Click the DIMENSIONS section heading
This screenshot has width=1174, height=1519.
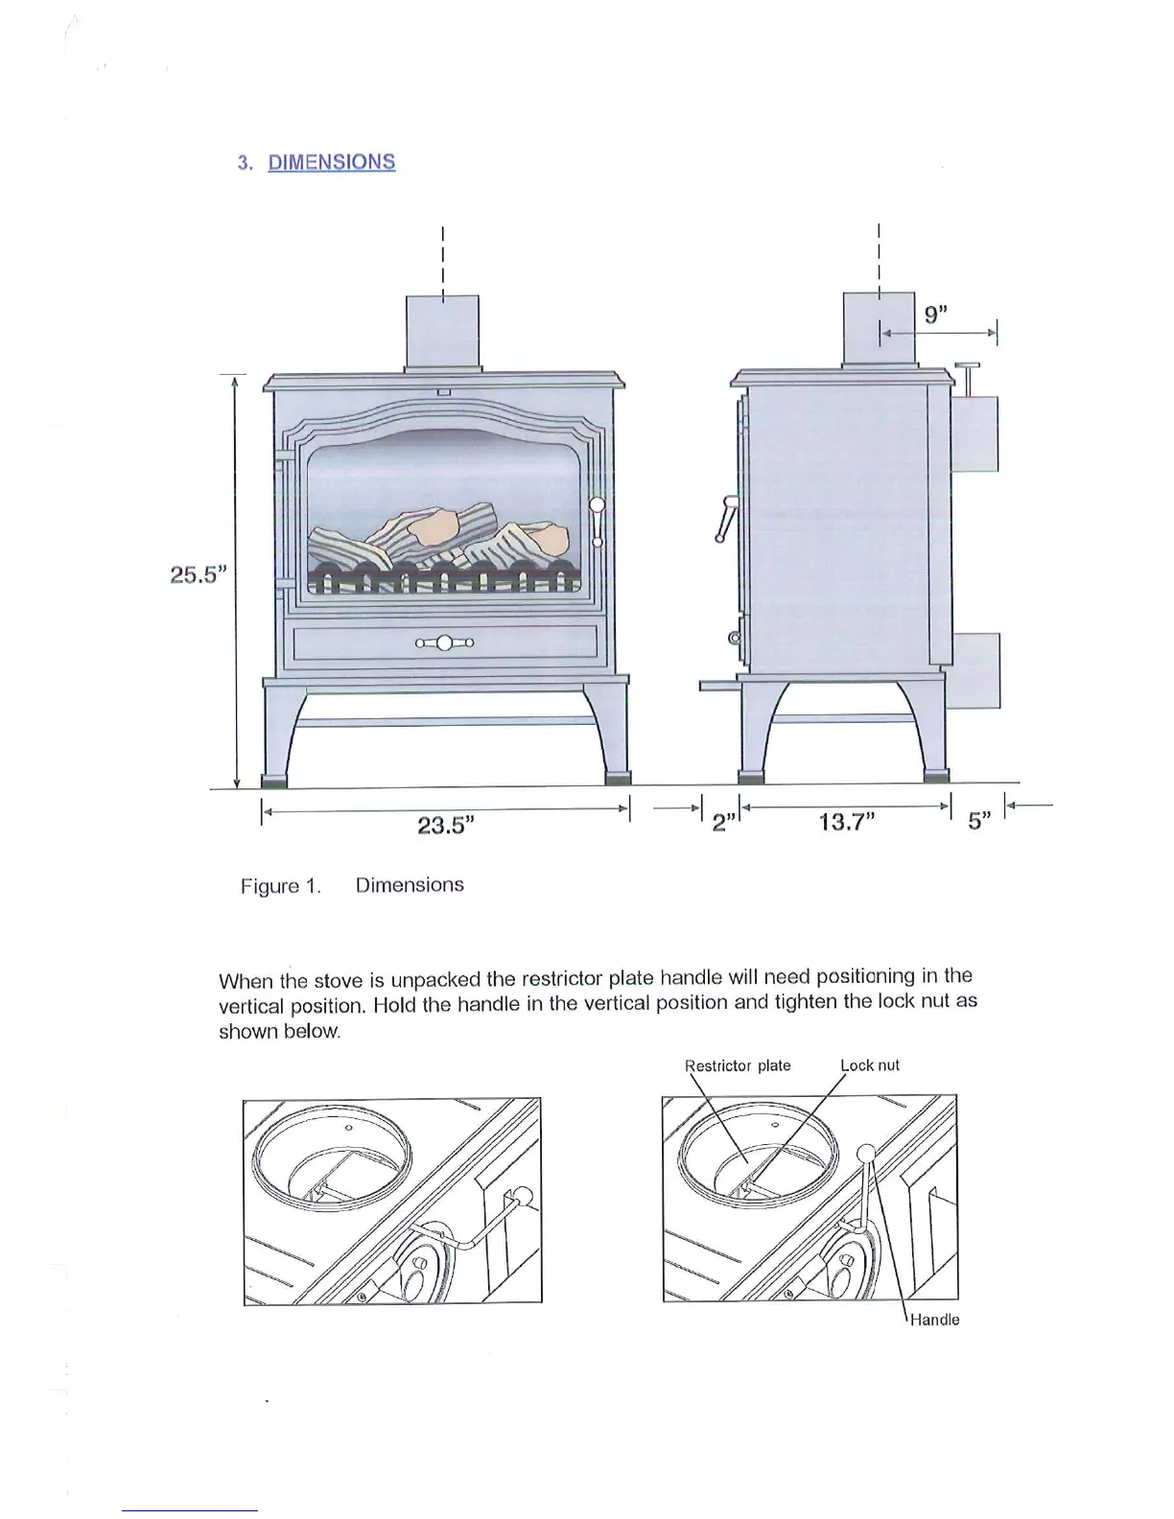[331, 162]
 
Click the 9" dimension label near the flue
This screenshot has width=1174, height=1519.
[935, 315]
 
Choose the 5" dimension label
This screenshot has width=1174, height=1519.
[978, 822]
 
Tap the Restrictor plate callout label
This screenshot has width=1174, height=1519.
[738, 1065]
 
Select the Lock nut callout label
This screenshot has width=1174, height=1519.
[870, 1065]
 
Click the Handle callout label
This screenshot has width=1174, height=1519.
[934, 1320]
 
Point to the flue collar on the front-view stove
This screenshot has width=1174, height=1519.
[442, 333]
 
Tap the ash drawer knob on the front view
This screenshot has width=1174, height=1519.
[444, 643]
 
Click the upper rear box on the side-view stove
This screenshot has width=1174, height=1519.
[974, 433]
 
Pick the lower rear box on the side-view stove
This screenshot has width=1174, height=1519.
[974, 670]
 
